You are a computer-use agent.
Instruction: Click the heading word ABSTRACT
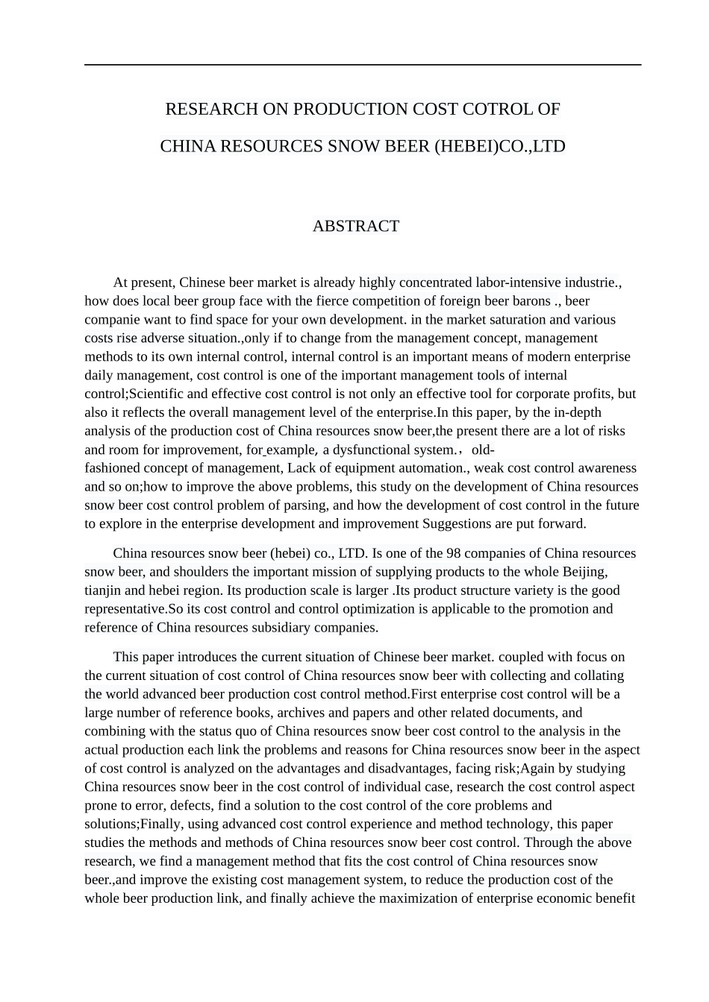click(x=356, y=226)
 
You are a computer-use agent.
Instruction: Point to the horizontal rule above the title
click(x=363, y=65)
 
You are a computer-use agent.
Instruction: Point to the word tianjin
click(x=102, y=590)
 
